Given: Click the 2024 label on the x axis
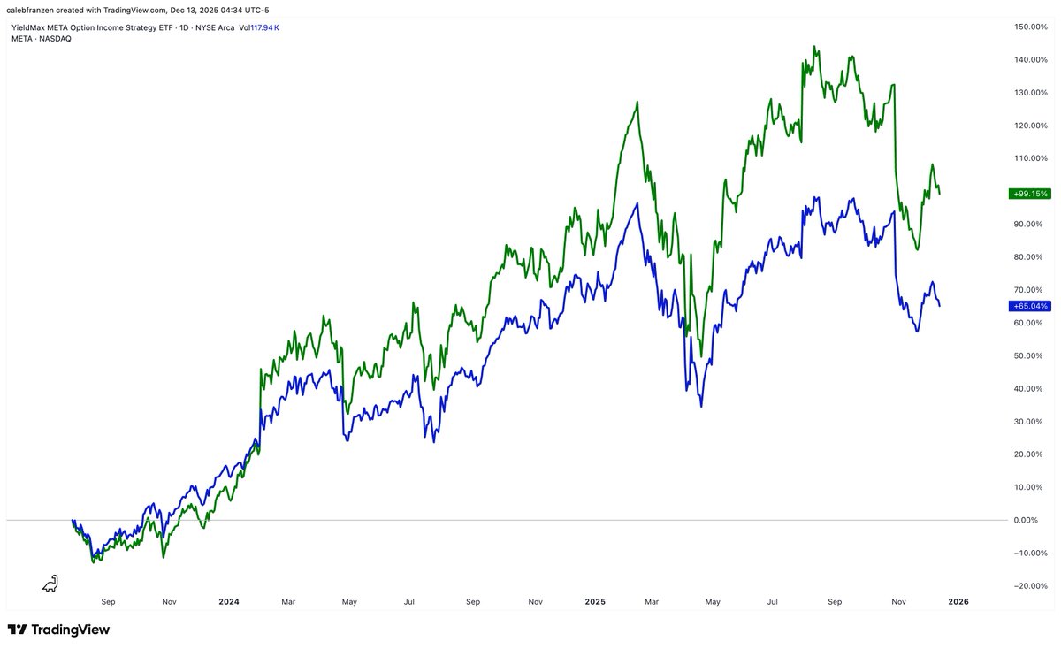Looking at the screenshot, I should pyautogui.click(x=228, y=602).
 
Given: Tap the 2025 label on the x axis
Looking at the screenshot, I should pyautogui.click(x=594, y=602).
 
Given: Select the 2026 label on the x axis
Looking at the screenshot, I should pyautogui.click(x=958, y=602).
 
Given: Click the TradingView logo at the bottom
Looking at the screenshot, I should pyautogui.click(x=58, y=630).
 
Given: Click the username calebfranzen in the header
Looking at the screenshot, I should pyautogui.click(x=33, y=9).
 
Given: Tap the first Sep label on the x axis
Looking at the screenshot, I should pyautogui.click(x=108, y=602).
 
